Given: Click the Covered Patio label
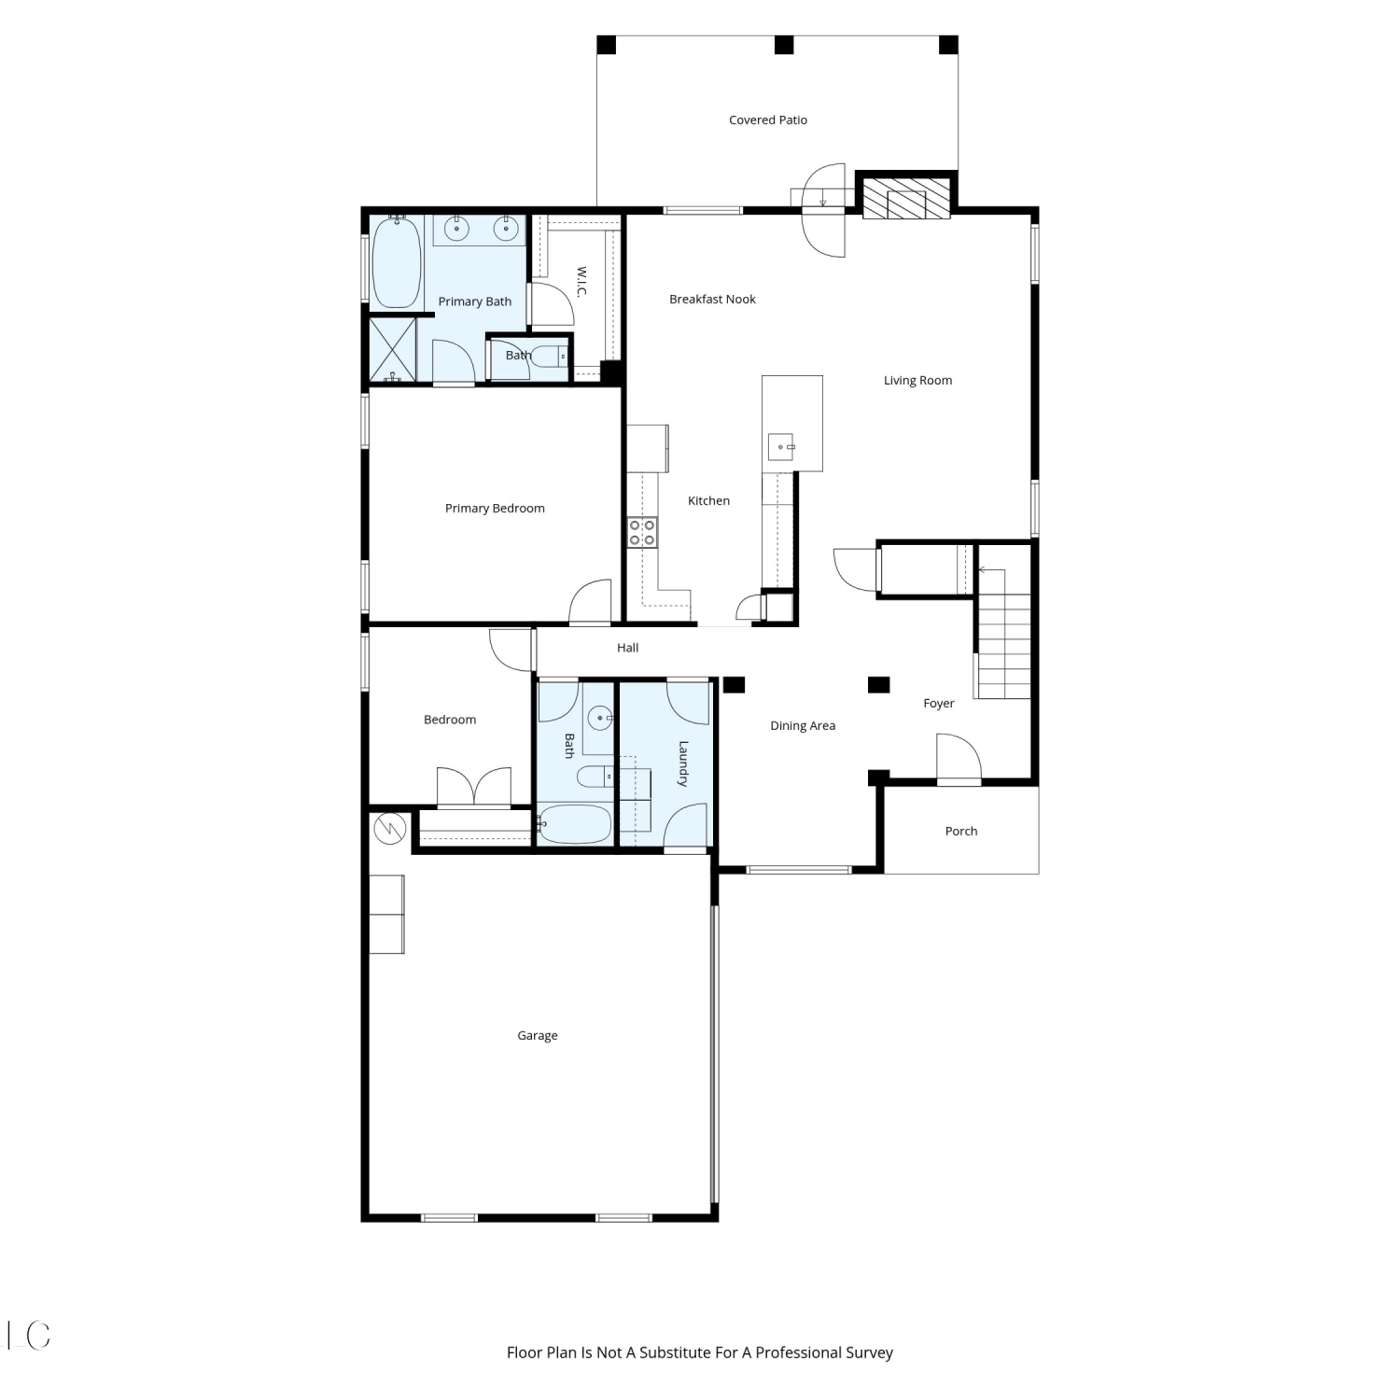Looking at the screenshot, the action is pos(767,119).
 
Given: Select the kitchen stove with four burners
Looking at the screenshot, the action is pos(642,532).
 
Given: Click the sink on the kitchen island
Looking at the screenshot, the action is pos(781,448).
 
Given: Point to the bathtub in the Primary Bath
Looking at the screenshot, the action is pos(396,262).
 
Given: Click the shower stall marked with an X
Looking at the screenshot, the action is pos(393,350).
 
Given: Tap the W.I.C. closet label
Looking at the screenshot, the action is pos(581,282).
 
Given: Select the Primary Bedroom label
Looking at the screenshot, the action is pos(495,508).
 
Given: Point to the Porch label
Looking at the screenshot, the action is pos(961,831).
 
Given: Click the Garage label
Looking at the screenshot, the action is pos(538,1035).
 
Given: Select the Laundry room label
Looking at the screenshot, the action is pos(683,763).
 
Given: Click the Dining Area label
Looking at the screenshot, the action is pos(803,725).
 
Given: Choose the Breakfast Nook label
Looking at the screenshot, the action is pos(712,299).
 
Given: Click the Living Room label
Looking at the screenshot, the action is pos(918,380).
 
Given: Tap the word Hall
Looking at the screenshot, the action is pos(627,647).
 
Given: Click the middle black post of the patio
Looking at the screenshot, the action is pos(784,45).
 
